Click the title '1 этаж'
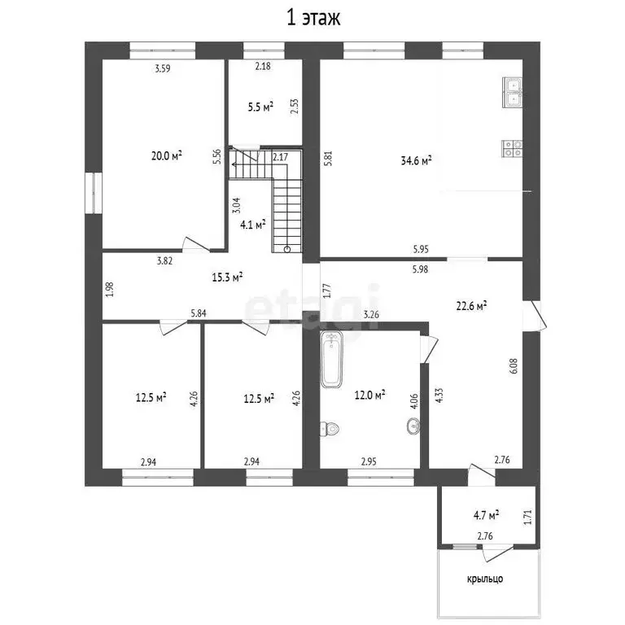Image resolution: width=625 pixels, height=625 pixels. click(x=313, y=19)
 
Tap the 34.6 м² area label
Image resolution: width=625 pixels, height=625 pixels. click(x=416, y=160)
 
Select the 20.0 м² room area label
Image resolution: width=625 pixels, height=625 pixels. click(x=167, y=155)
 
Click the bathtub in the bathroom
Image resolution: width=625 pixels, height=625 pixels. click(x=331, y=359)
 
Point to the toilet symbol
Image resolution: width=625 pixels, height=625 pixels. click(x=330, y=429)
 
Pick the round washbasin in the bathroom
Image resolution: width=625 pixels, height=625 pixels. click(x=413, y=426)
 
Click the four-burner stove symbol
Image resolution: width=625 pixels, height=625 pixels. click(x=512, y=148)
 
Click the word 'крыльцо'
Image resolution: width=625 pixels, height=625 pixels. click(x=485, y=579)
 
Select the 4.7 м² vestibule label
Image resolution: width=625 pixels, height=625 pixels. click(x=487, y=515)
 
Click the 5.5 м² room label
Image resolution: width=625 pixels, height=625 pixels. click(x=260, y=107)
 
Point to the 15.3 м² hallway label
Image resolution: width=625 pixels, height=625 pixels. click(x=227, y=277)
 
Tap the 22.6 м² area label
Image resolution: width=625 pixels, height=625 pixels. click(x=471, y=306)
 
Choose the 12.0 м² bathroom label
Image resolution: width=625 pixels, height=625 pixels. click(x=370, y=395)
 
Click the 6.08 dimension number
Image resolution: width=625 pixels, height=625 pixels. click(x=514, y=365)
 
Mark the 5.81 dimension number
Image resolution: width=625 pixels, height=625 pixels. click(x=328, y=158)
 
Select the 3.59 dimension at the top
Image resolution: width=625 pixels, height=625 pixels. click(x=163, y=68)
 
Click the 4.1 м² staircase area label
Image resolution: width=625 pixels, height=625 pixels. click(x=253, y=225)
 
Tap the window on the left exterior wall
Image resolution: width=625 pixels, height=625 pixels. click(x=94, y=193)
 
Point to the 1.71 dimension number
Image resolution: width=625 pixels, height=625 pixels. click(x=527, y=518)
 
